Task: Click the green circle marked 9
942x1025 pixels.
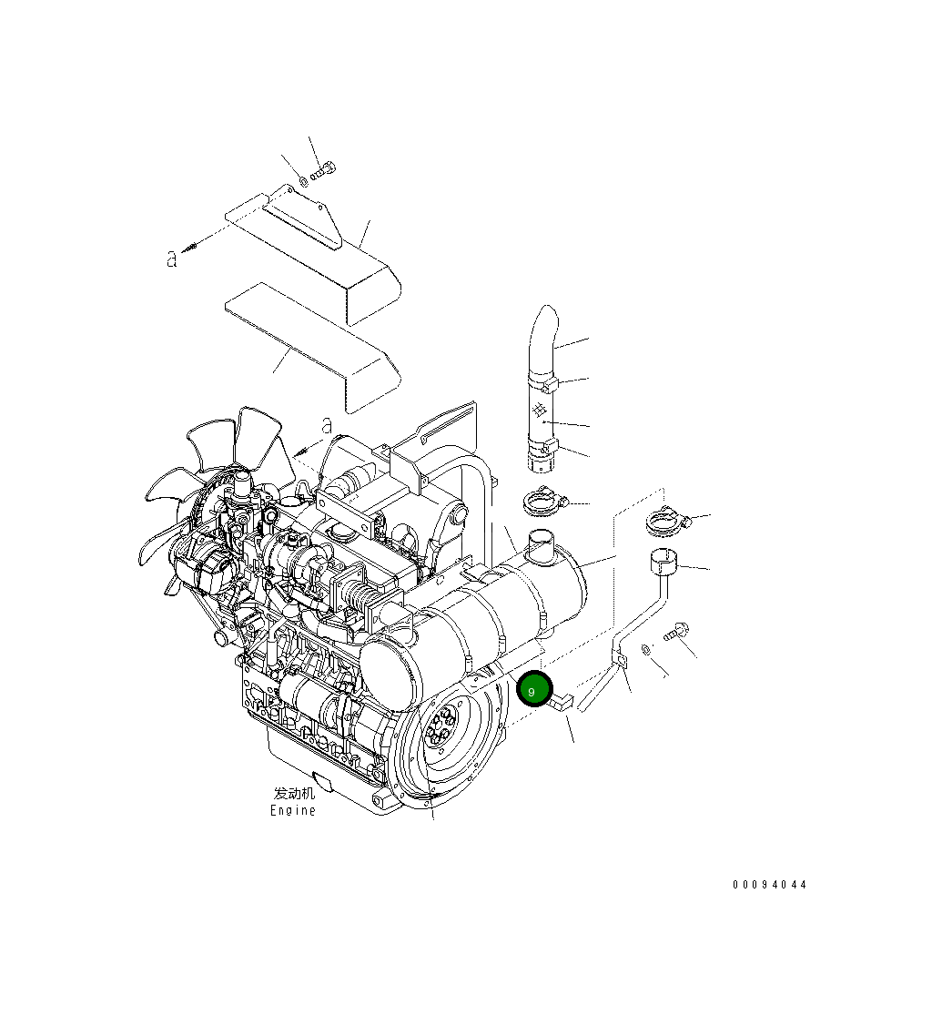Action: [534, 690]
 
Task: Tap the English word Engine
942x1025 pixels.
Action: [293, 810]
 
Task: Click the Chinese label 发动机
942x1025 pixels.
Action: [294, 793]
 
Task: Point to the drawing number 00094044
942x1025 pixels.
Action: [769, 885]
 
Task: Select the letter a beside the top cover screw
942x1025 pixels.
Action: [171, 259]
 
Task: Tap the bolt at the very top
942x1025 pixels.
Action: [324, 170]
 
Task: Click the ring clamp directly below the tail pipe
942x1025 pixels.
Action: [543, 500]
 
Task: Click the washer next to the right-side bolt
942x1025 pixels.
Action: [645, 649]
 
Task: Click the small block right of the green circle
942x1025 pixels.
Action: [561, 701]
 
